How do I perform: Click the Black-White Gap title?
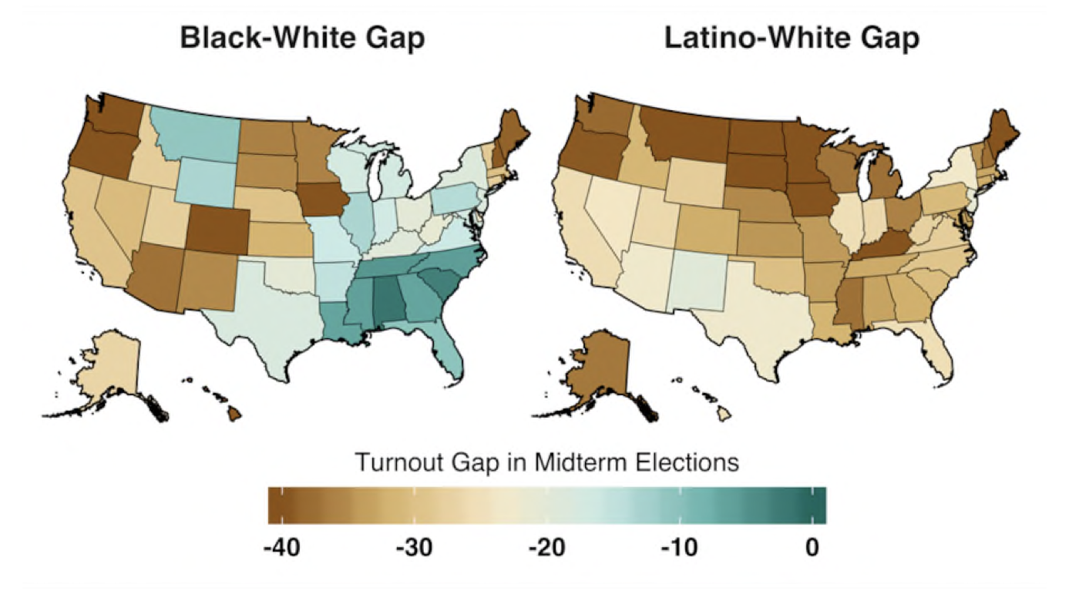[302, 39]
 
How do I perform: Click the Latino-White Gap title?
[792, 39]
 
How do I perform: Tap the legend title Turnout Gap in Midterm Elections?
[547, 463]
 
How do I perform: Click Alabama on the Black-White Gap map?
[388, 304]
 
